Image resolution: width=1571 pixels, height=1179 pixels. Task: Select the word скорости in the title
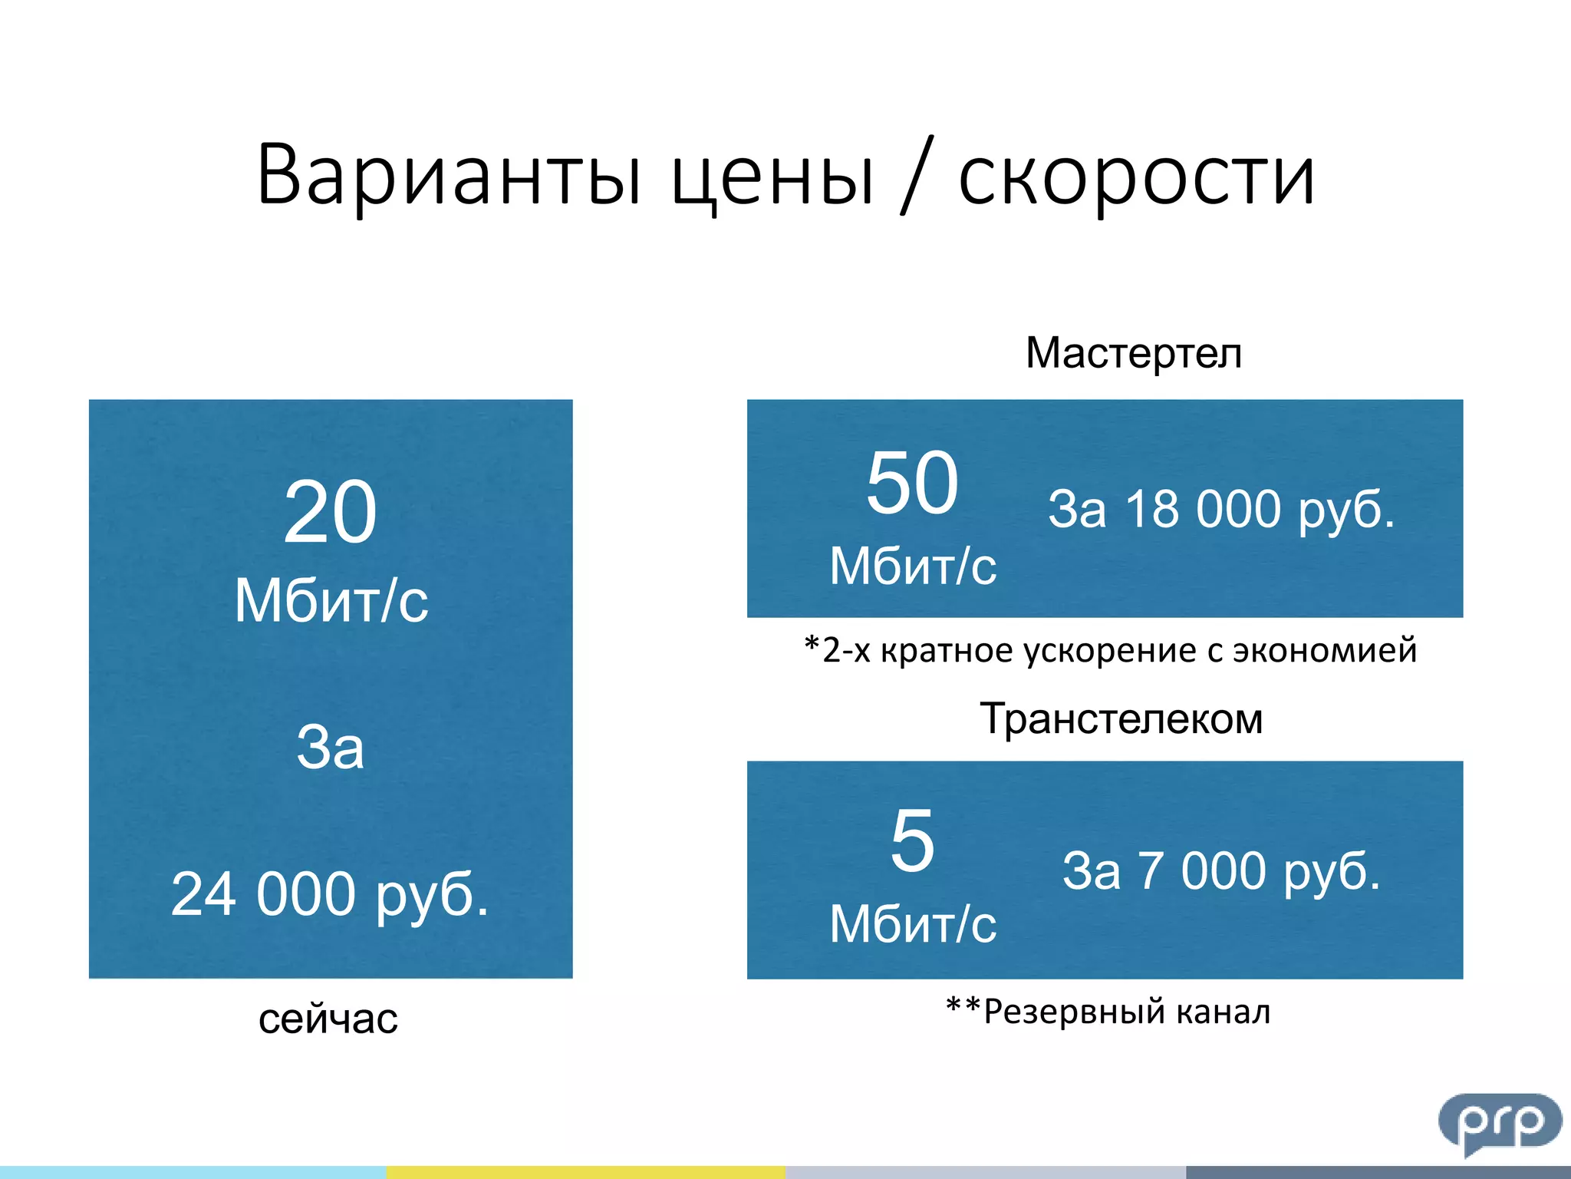coord(1137,178)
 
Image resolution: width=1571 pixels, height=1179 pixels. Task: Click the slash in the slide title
coord(917,175)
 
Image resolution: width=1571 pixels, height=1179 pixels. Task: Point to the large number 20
coord(330,513)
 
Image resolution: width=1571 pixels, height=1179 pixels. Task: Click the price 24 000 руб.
coord(330,894)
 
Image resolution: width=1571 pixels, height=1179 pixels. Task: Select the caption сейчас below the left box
coord(328,1019)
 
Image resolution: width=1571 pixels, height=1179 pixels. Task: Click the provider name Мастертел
coord(1133,354)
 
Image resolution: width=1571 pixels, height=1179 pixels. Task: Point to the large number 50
coord(912,483)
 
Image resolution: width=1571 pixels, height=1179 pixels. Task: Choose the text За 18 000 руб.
coord(1221,509)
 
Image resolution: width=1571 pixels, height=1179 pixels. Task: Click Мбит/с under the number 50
coord(913,566)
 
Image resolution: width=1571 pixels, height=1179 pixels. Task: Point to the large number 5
coord(912,841)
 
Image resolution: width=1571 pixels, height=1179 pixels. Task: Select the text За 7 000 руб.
coord(1221,871)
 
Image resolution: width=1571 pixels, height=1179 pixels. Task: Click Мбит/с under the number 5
coord(913,924)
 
